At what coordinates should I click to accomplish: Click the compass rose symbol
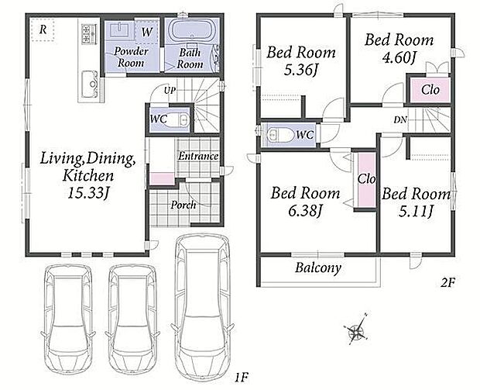tap(357, 330)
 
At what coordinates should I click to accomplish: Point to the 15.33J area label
tap(88, 193)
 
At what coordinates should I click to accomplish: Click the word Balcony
tap(318, 268)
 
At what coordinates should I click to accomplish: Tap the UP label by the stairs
tap(170, 91)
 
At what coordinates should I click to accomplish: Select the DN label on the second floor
tap(400, 120)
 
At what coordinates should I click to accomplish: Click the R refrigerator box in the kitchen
tap(43, 29)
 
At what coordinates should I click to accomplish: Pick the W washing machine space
tap(146, 32)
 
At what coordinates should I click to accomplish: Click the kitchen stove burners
tap(89, 33)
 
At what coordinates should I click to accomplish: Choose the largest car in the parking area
tap(203, 307)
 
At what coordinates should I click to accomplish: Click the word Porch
tap(183, 205)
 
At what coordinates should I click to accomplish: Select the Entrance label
tap(198, 157)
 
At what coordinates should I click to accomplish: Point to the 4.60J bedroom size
tap(399, 57)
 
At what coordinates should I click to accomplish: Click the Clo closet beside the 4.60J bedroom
tap(430, 90)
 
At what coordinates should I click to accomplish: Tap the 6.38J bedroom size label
tap(305, 210)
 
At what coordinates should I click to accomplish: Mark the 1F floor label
tap(241, 377)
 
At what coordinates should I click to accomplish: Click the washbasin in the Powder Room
tap(118, 29)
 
